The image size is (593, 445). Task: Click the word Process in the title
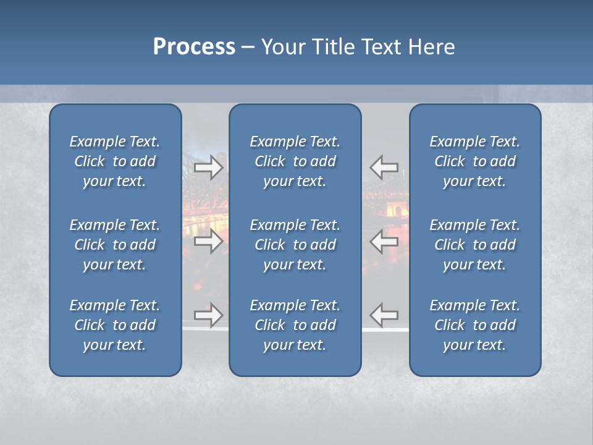coord(194,47)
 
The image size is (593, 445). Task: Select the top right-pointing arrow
coord(209,167)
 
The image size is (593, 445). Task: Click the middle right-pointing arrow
coord(209,241)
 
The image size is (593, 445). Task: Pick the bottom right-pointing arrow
coord(209,315)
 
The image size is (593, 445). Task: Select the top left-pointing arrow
coord(384,167)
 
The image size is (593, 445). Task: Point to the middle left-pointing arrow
coord(384,241)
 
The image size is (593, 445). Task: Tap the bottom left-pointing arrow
coord(384,315)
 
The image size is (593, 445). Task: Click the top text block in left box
coord(115,161)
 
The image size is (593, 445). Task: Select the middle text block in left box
coord(115,245)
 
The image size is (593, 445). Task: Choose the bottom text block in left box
coord(115,325)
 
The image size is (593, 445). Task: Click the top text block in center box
coord(295,161)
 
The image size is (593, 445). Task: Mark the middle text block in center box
coord(295,245)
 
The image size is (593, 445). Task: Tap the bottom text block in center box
coord(295,325)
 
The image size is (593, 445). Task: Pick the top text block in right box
coord(474,161)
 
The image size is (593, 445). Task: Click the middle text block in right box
coord(474,245)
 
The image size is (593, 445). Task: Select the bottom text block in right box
coord(474,325)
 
